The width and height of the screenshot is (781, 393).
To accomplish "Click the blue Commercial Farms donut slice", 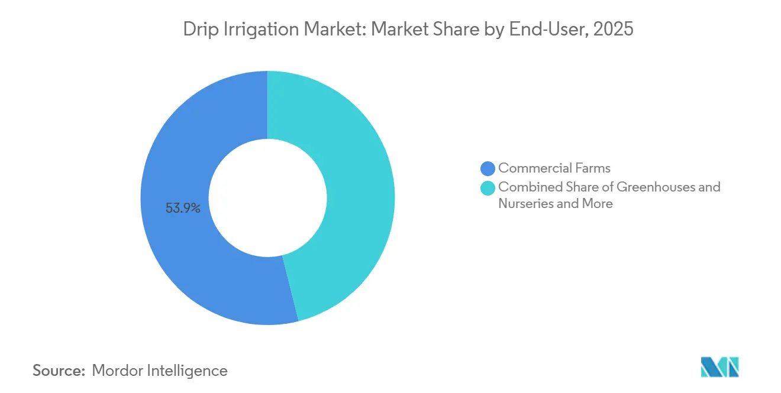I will [177, 248].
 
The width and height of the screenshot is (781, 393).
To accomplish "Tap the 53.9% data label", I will [183, 208].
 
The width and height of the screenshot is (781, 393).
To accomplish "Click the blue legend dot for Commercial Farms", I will [488, 168].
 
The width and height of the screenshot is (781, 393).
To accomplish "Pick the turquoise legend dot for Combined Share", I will [488, 188].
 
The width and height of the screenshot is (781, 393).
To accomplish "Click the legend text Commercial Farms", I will [554, 168].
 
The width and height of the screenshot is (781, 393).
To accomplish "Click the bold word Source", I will [59, 371].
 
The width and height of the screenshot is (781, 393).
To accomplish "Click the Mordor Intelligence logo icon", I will [719, 368].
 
